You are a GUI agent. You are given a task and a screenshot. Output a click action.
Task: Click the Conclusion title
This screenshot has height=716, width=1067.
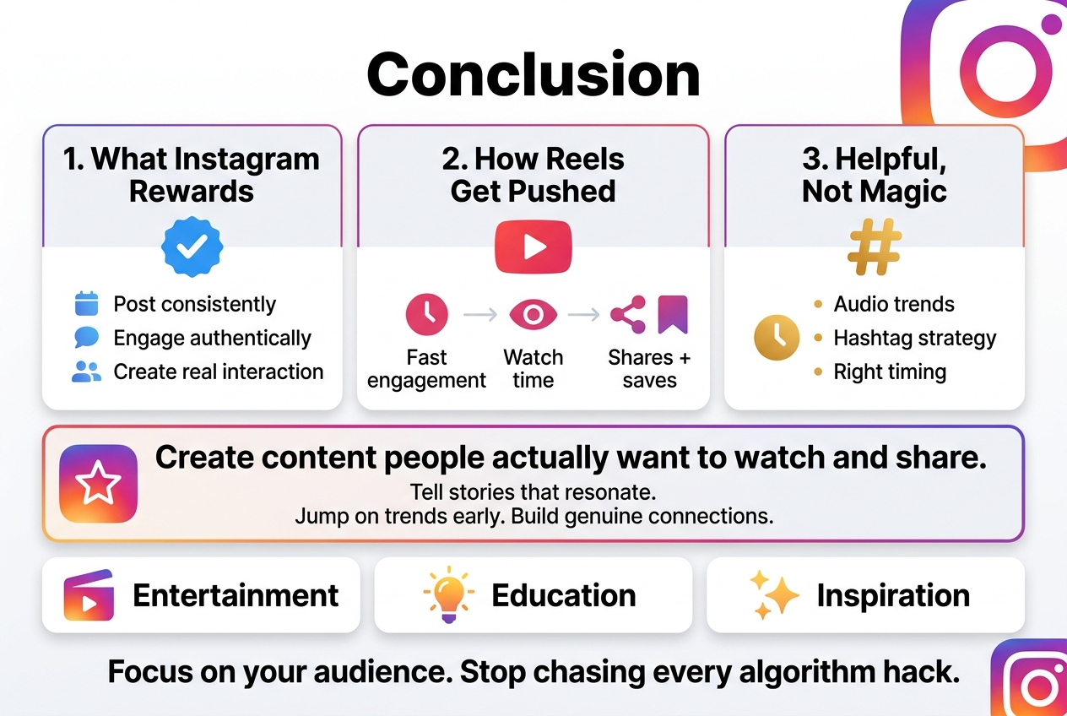pos(533,74)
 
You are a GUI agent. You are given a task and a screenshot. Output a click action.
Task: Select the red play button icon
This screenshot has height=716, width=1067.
pos(533,246)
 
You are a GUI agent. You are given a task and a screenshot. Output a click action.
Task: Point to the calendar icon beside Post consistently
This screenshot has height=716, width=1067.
pos(87,304)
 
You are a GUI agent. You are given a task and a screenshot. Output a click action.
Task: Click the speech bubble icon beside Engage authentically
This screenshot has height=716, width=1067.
pos(87,338)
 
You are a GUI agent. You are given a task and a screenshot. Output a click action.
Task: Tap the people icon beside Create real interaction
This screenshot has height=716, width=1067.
pos(87,372)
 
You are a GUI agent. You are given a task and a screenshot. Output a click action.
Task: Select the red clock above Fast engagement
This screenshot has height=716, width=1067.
pos(427,314)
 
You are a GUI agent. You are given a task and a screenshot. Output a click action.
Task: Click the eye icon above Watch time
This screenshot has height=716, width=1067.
pos(533,315)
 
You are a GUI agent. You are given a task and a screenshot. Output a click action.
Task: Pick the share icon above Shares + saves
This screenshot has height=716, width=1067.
pos(628,315)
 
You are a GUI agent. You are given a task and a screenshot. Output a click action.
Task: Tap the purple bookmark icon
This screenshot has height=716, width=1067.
pos(673,314)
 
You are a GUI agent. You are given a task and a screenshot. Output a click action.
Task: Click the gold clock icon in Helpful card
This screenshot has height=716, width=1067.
pos(777,338)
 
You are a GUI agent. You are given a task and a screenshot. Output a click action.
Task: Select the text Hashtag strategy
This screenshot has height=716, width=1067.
pos(915,339)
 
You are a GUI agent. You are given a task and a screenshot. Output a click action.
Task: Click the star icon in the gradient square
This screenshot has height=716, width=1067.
pos(98,484)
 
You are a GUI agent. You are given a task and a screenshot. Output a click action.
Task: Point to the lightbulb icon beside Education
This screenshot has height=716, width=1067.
pos(448,594)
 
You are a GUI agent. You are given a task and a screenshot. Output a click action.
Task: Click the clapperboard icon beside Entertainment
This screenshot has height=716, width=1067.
pos(89,595)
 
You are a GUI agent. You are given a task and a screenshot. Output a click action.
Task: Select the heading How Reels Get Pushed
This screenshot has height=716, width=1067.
pos(533,175)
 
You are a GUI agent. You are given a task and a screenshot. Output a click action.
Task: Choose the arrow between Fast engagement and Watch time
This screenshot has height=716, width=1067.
pos(480,315)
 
